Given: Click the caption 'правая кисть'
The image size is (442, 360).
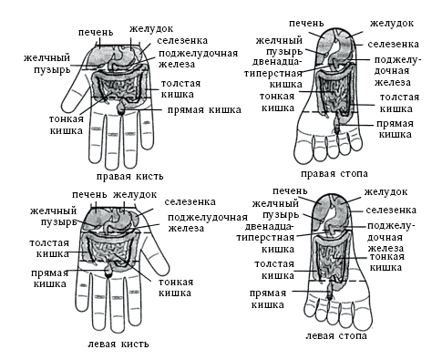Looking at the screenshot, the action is pos(130,177).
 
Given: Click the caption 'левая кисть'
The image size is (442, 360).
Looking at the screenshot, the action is pos(118,344).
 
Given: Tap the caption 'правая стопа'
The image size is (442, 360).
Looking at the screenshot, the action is pos(334,174).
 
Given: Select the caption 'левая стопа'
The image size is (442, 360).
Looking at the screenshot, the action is pos(336,335).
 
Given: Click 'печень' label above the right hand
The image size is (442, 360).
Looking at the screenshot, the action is pos(96,32).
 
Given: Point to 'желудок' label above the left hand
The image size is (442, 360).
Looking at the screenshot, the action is pos(135,195).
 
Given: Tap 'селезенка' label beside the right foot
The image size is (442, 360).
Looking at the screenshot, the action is pos(393,45).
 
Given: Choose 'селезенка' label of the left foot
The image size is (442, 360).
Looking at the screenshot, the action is pos(391,210).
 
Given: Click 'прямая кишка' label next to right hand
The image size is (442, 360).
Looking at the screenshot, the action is pos(204,110).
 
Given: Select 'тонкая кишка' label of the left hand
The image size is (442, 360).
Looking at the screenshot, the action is pos(176,287).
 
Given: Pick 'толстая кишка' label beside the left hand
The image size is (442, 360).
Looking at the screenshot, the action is pos(49,249).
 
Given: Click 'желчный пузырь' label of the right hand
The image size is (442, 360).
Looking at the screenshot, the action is pos(47,63).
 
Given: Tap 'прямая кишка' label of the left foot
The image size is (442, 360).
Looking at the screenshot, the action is pos(268,299).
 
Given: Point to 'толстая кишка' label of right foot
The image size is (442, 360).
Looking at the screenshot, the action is pos(399,103).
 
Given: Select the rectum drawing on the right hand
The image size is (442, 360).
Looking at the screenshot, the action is pos(121,108).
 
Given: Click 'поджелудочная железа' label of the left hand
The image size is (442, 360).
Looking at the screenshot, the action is pos(208,223).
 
